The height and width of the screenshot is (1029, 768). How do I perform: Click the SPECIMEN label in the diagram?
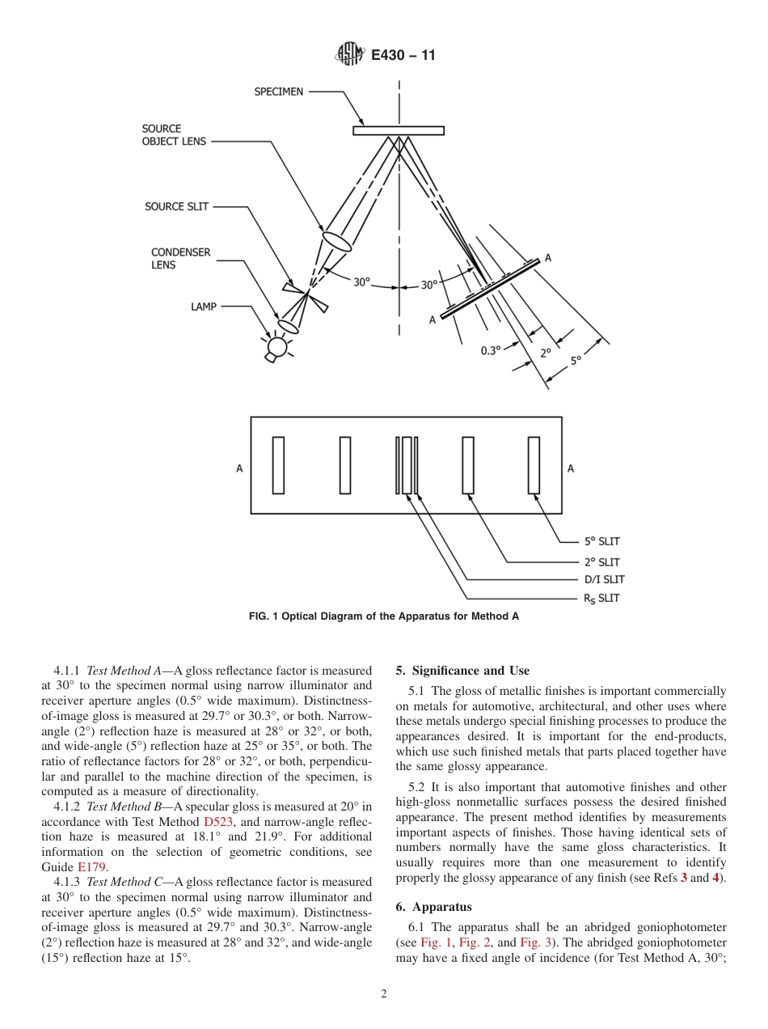pos(279,92)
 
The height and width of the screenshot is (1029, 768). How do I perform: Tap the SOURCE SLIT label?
pos(176,207)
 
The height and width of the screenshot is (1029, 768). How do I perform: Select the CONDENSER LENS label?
pos(180,259)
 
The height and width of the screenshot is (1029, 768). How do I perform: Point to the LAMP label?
pos(204,307)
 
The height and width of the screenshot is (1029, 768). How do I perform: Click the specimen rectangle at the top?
pos(399,130)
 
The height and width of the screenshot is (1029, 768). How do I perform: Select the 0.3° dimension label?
pos(491,351)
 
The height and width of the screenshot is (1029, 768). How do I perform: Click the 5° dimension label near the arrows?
pos(576,361)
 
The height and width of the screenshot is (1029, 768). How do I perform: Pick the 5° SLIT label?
pos(601,542)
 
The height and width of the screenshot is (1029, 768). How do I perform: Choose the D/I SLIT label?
pos(604,579)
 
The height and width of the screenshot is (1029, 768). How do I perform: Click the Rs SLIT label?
pos(601,599)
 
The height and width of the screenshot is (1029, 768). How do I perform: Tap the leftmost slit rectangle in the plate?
pos(278,465)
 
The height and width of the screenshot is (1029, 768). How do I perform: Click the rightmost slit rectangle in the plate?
pos(534,465)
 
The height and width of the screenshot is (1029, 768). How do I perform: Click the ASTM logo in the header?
pos(349,55)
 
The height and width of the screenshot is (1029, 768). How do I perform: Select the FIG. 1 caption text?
pos(383,616)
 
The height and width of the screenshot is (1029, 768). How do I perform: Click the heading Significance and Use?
pos(462,671)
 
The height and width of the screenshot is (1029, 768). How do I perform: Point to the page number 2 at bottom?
pos(384,994)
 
